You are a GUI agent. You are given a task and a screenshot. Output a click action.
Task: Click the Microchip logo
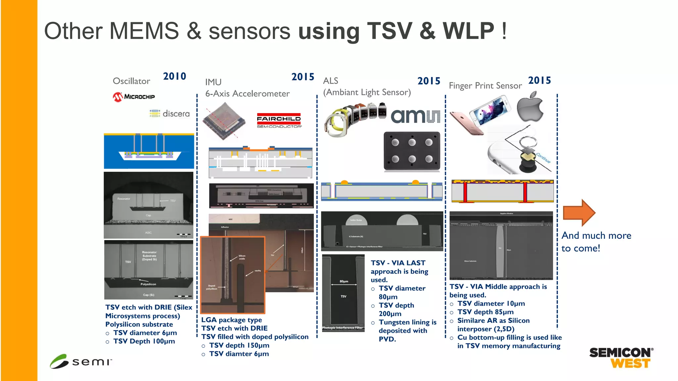click(133, 97)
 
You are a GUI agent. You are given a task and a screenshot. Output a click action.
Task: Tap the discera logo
click(169, 113)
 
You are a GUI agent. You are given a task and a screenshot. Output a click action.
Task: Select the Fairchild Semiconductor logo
click(279, 121)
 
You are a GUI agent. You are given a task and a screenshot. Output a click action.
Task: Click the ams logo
click(415, 115)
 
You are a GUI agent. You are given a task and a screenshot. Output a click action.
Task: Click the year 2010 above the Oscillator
click(174, 76)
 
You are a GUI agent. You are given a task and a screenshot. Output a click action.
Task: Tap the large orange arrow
click(579, 212)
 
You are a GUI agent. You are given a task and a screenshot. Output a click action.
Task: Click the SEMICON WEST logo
click(621, 358)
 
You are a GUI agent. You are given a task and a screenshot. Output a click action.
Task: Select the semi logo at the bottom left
click(81, 361)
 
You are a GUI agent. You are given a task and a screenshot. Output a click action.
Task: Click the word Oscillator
click(131, 81)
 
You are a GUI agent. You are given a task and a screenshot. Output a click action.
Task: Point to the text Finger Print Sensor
click(485, 86)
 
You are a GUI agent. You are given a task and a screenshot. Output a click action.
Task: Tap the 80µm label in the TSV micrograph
click(344, 281)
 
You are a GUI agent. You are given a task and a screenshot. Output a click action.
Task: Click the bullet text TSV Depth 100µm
click(144, 341)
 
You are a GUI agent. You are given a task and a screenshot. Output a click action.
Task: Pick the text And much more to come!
click(596, 242)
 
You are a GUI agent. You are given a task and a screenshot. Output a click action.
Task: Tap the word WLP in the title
click(468, 31)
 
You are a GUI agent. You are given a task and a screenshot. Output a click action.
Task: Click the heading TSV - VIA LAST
click(398, 263)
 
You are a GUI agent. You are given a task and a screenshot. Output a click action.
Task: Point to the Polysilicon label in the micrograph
click(148, 284)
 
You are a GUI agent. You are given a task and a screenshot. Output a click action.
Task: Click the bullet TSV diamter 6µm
click(239, 354)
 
